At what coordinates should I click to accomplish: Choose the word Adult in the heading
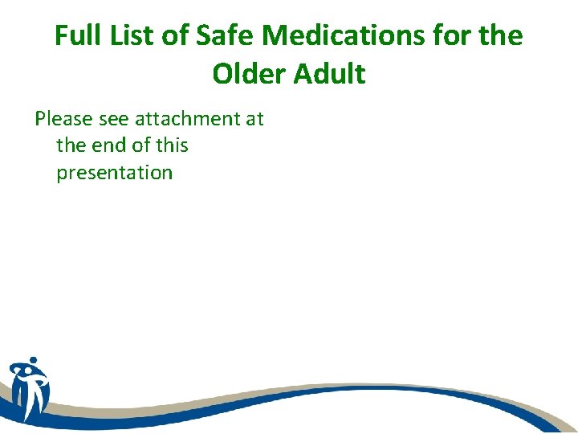click(x=332, y=74)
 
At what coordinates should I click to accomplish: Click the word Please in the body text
click(x=64, y=119)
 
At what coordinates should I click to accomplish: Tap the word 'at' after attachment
click(x=254, y=119)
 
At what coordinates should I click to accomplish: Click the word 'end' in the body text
click(x=109, y=145)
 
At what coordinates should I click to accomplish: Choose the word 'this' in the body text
click(x=173, y=145)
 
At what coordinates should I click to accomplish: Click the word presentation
click(x=114, y=172)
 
